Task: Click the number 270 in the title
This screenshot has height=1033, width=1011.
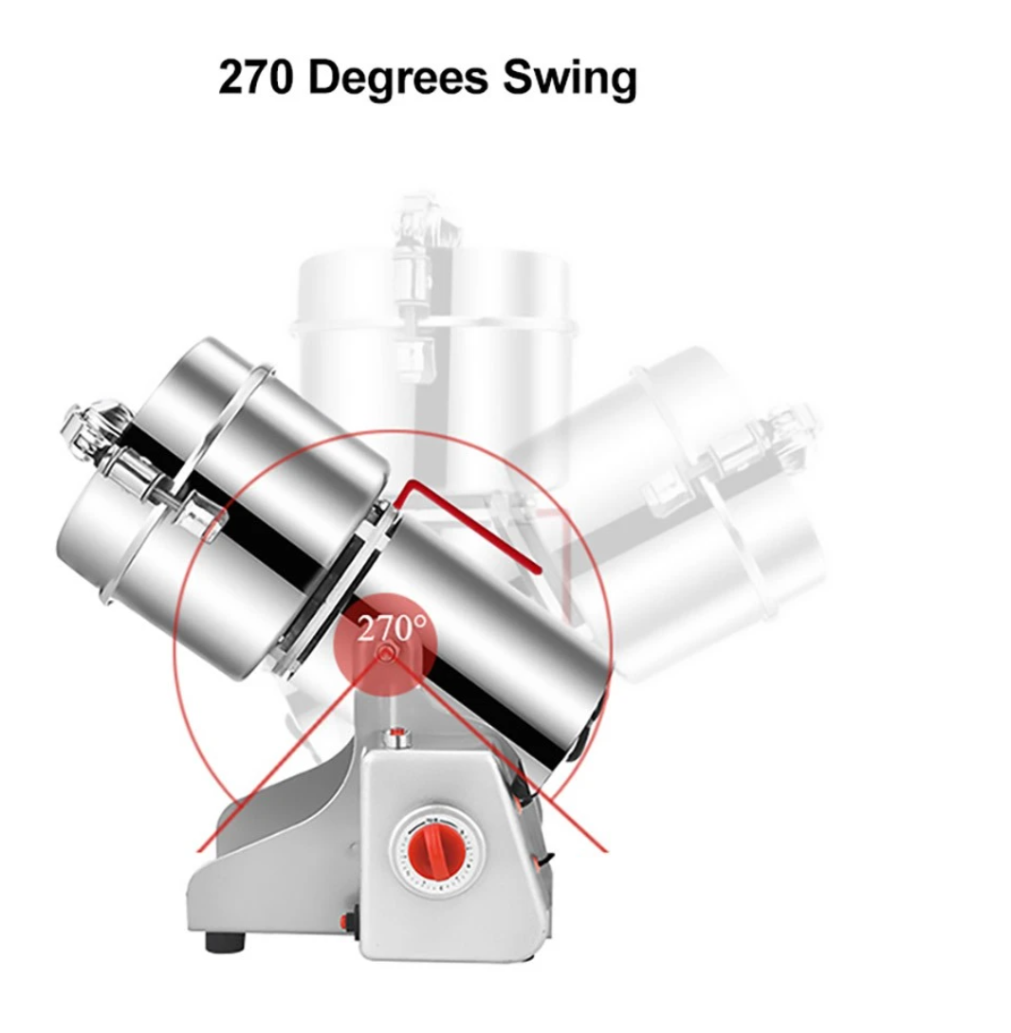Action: tap(254, 78)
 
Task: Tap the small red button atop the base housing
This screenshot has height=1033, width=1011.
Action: tap(396, 732)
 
